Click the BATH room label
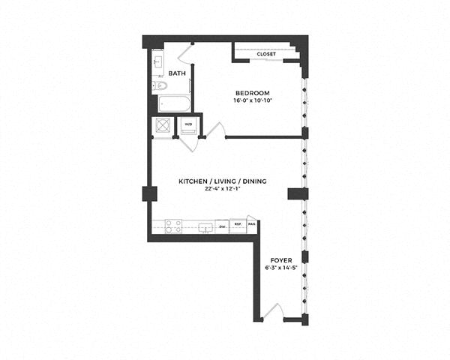177,73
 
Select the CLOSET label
265,55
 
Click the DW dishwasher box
222,225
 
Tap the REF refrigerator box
238,225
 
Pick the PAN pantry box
252,224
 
